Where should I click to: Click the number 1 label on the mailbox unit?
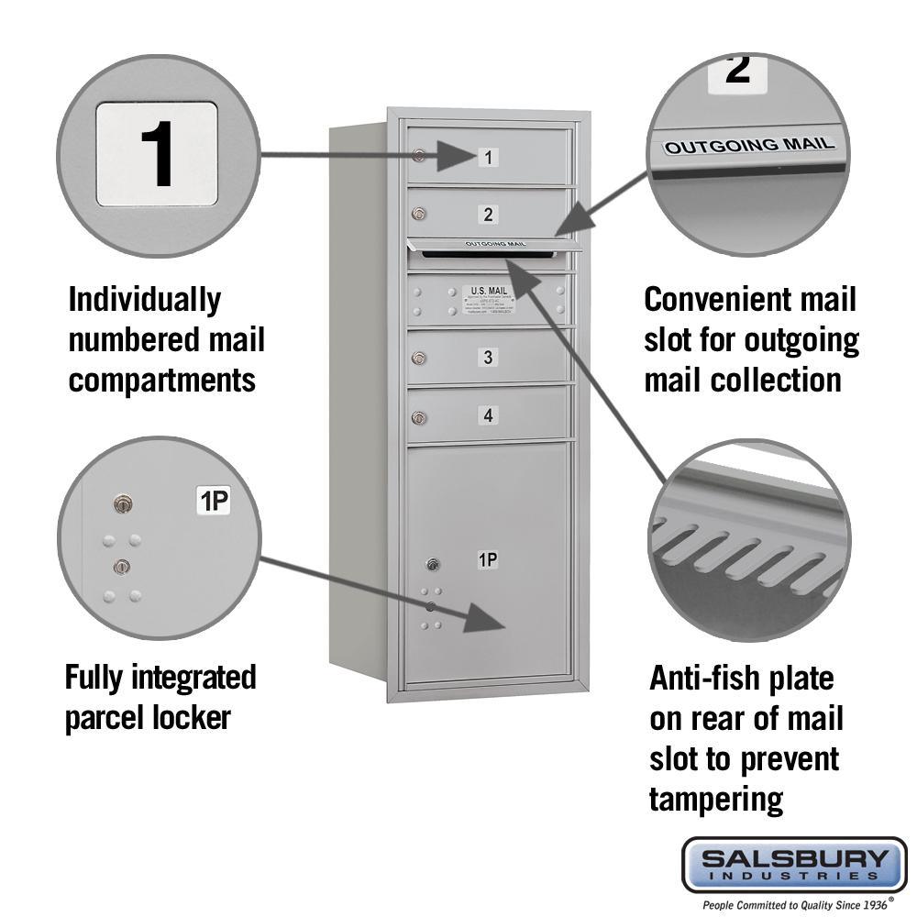(x=489, y=157)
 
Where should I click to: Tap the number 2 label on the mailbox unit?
(x=489, y=215)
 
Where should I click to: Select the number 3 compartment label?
(x=489, y=358)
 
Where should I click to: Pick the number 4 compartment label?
(x=489, y=415)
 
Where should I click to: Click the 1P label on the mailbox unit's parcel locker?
(x=488, y=559)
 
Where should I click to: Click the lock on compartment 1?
(x=419, y=156)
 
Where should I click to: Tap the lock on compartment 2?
(x=419, y=215)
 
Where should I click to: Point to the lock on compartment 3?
(x=419, y=359)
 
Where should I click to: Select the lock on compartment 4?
(x=419, y=418)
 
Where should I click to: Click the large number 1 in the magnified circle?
(x=157, y=153)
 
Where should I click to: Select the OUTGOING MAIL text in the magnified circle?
(x=749, y=145)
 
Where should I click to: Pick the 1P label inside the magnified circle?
(x=214, y=501)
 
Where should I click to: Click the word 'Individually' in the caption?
(x=145, y=299)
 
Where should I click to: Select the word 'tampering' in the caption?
(x=716, y=799)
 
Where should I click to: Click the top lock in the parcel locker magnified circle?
(x=122, y=503)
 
